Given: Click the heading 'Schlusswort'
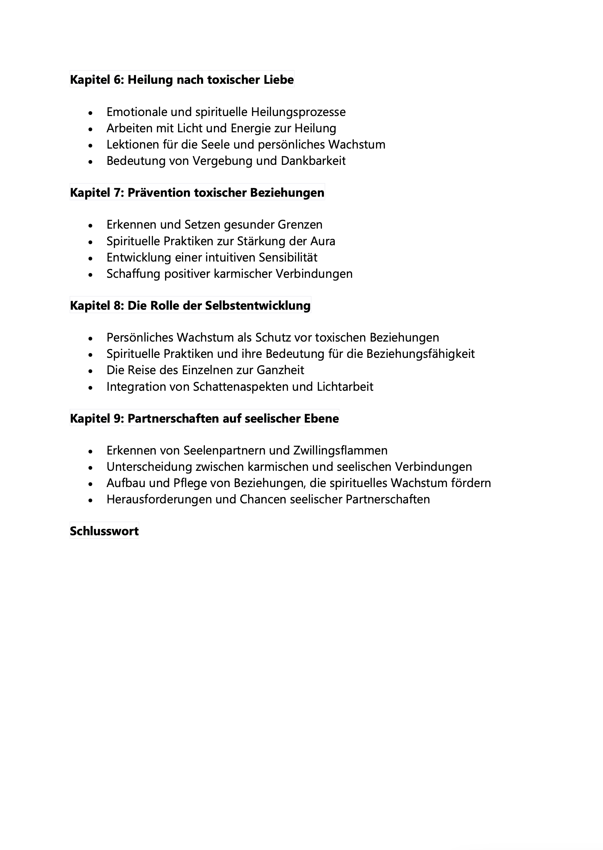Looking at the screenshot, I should tap(104, 531).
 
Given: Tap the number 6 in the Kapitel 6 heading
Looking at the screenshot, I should tap(118, 80).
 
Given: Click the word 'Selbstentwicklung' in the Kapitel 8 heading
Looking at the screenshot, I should tap(257, 306).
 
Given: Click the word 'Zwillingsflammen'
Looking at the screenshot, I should tap(340, 450).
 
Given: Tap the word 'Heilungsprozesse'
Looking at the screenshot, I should tap(298, 112).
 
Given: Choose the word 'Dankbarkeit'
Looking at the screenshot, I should tap(313, 161).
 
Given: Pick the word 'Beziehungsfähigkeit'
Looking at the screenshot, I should tap(420, 353).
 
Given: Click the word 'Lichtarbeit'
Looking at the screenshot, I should tap(345, 387).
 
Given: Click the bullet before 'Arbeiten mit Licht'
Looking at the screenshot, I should tap(90, 129).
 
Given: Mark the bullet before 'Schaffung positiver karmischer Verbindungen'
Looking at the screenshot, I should tap(90, 274).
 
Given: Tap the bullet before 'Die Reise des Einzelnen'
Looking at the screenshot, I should tap(90, 371).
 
